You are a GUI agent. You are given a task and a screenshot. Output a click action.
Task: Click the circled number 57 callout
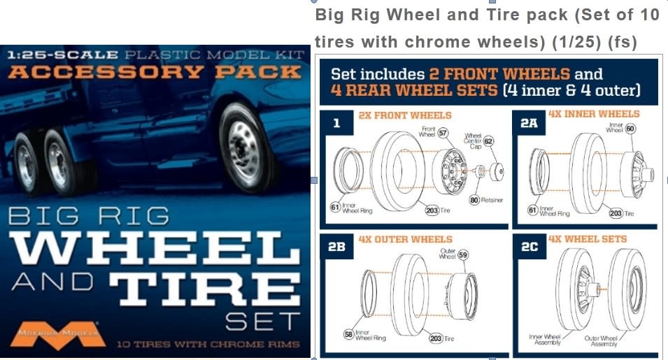(x=443, y=133)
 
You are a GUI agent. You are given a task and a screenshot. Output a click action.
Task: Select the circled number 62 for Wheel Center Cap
(x=488, y=141)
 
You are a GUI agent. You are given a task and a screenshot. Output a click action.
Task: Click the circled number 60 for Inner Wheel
(x=630, y=129)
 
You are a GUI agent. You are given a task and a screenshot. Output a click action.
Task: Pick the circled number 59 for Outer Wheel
(x=463, y=257)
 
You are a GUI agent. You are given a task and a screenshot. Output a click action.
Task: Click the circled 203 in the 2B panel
(x=435, y=338)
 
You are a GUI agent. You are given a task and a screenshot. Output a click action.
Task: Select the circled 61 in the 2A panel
(x=532, y=209)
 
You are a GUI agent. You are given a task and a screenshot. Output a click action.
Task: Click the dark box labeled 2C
(x=530, y=247)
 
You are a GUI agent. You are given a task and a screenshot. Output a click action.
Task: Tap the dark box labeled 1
(x=336, y=123)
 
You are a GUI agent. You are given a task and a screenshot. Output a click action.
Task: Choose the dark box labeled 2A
(x=530, y=123)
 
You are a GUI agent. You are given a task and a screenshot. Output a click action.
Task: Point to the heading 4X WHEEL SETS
(x=588, y=239)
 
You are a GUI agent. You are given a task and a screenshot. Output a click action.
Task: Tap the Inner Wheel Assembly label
(x=545, y=340)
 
